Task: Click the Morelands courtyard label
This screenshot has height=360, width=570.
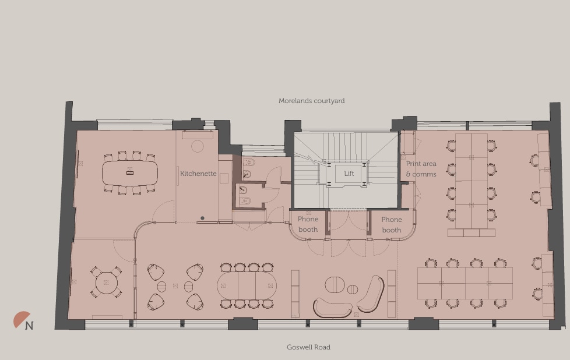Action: pyautogui.click(x=311, y=101)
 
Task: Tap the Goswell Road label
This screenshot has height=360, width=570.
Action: pyautogui.click(x=308, y=347)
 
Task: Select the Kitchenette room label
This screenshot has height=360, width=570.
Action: pyautogui.click(x=198, y=174)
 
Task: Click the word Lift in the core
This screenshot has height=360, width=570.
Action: pyautogui.click(x=349, y=174)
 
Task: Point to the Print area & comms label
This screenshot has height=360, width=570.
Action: pyautogui.click(x=421, y=169)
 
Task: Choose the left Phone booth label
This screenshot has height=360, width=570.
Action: pyautogui.click(x=308, y=224)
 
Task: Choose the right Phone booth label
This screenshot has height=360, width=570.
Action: pyautogui.click(x=392, y=225)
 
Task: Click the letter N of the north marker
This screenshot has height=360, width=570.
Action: pyautogui.click(x=29, y=326)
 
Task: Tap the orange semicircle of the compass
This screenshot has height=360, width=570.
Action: pyautogui.click(x=21, y=319)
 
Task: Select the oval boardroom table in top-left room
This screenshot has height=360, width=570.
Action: pyautogui.click(x=129, y=173)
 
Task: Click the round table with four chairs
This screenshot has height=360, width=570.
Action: pyautogui.click(x=106, y=283)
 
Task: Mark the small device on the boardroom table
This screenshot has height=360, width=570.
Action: pyautogui.click(x=130, y=173)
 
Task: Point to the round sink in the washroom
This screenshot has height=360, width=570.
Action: pyautogui.click(x=247, y=174)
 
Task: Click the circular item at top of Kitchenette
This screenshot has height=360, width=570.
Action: pyautogui.click(x=198, y=146)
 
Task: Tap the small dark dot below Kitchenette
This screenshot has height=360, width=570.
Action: pyautogui.click(x=202, y=218)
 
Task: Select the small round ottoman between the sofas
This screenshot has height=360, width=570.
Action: pyautogui.click(x=353, y=290)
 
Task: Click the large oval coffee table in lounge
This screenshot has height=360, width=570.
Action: pyautogui.click(x=335, y=285)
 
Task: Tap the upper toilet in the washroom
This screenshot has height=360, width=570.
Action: pyautogui.click(x=248, y=163)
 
